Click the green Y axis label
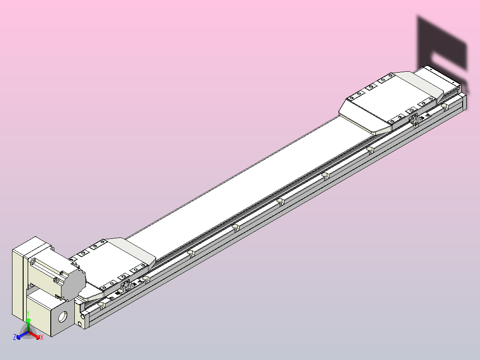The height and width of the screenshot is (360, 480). [28, 314]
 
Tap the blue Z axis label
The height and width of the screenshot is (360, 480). [15, 338]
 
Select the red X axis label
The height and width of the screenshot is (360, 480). [42, 338]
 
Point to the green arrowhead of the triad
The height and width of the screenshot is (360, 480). [28, 320]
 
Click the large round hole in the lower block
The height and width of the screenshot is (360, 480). [63, 316]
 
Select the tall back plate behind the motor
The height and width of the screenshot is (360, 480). [17, 281]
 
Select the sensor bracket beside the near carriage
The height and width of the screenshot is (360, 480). [126, 286]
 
